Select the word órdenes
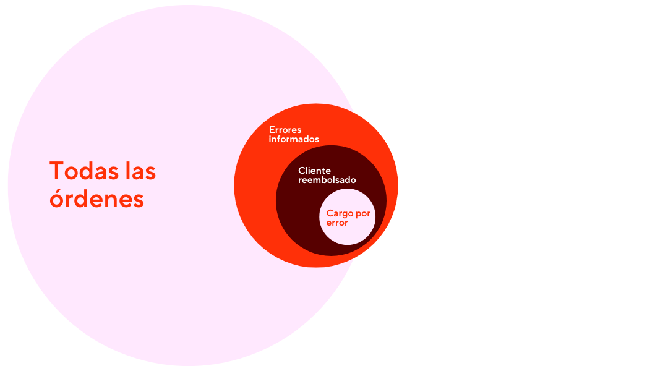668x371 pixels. click(x=96, y=200)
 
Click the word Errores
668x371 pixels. click(x=285, y=130)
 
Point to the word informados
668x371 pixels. click(x=294, y=140)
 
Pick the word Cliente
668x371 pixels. click(x=314, y=171)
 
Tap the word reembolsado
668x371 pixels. click(x=327, y=180)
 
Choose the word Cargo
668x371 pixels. click(x=341, y=213)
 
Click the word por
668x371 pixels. click(x=364, y=214)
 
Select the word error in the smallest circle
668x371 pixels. click(x=337, y=223)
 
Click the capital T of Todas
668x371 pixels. click(x=57, y=171)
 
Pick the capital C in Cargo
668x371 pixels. click(x=330, y=213)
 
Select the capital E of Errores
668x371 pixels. click(x=272, y=130)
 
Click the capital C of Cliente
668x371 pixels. click(x=302, y=171)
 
